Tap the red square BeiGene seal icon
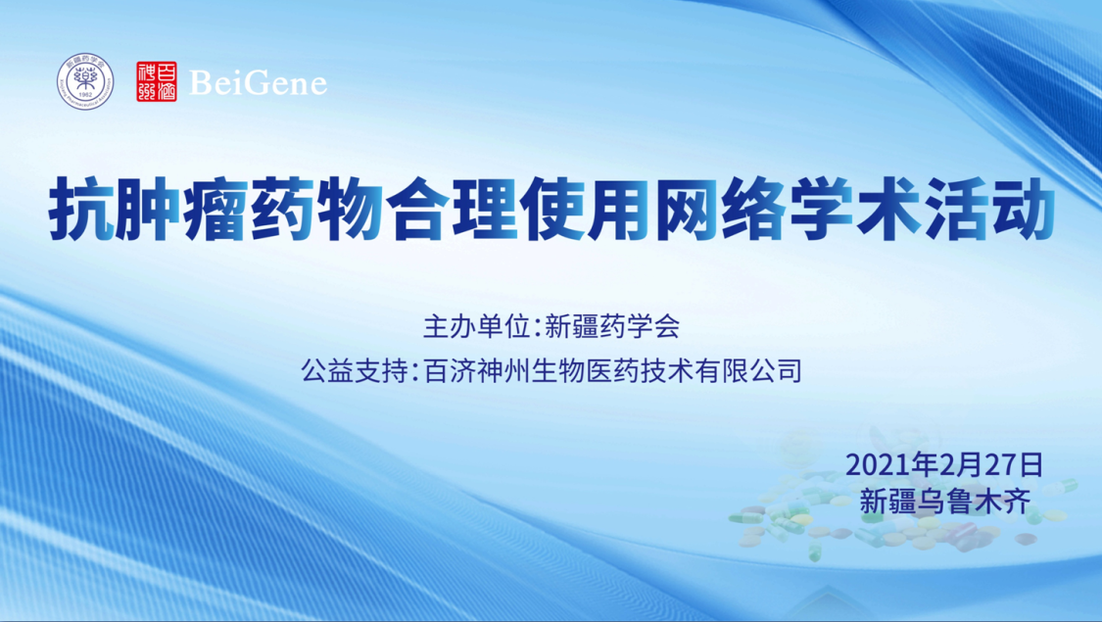(x=156, y=82)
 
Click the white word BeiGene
(x=258, y=83)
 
